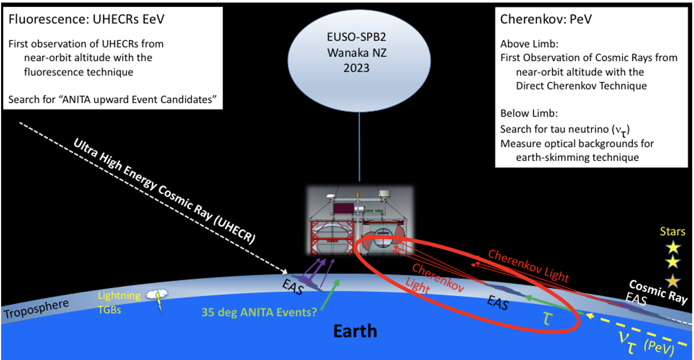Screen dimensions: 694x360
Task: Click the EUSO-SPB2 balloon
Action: pos(359,61)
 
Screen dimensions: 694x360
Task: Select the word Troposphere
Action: pos(36,308)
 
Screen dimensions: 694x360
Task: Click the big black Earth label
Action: pos(355,331)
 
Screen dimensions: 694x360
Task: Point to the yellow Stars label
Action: pos(672,231)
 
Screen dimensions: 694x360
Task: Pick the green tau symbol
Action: pos(547,318)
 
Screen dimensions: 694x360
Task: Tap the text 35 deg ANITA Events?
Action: pos(259,312)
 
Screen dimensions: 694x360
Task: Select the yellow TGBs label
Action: pos(109,310)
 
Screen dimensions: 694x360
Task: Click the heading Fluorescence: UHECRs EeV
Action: pos(86,19)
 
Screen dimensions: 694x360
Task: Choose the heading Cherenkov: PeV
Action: pos(546,19)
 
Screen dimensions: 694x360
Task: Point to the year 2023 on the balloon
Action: pos(356,68)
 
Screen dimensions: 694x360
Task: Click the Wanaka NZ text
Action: pos(357,53)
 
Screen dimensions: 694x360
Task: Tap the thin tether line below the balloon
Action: pos(359,147)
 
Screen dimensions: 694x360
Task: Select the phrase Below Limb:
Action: pos(529,113)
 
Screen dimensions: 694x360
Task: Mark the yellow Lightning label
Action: pos(119,295)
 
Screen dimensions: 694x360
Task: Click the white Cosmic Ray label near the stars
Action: pos(658,291)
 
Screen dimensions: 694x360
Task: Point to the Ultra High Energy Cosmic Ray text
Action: pos(165,191)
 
